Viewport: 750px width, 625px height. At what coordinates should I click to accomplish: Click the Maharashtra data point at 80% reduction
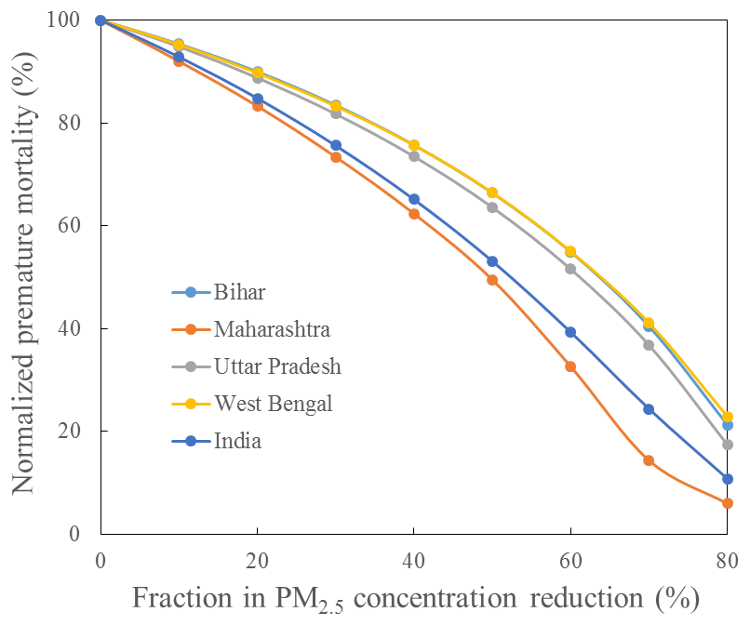pos(727,503)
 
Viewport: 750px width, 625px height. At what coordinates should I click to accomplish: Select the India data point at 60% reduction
pos(570,332)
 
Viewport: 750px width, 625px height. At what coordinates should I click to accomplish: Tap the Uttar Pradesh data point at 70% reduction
pos(649,345)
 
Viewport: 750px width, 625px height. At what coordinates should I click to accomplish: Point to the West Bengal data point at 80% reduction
pos(727,417)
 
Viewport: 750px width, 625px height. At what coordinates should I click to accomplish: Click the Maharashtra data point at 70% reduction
pos(649,460)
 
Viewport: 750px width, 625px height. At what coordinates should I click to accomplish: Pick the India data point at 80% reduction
pos(727,479)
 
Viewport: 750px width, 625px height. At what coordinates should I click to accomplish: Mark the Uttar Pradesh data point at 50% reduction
pos(492,207)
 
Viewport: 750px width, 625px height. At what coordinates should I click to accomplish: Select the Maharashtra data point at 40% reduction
pos(414,214)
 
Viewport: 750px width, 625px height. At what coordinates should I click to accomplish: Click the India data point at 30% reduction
pos(336,145)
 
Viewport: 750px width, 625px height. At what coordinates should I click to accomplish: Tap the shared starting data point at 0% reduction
pos(100,20)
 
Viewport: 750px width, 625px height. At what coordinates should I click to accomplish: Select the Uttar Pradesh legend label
pos(276,366)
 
